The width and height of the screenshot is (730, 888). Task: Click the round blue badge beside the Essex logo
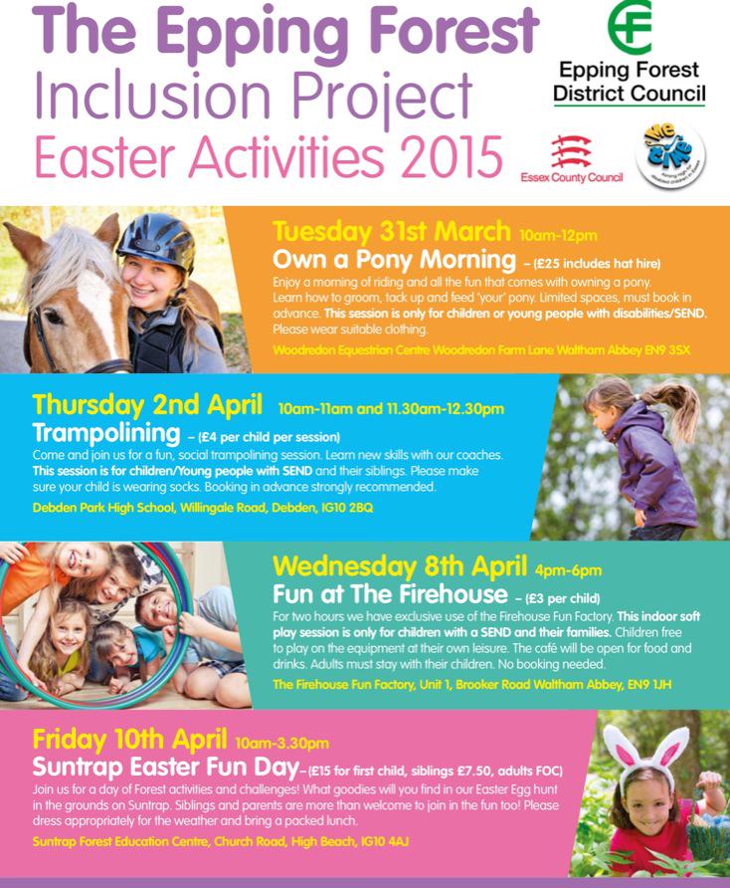click(x=670, y=155)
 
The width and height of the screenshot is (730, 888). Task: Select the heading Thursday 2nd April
click(x=148, y=406)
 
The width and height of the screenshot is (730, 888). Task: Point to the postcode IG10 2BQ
click(x=344, y=508)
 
